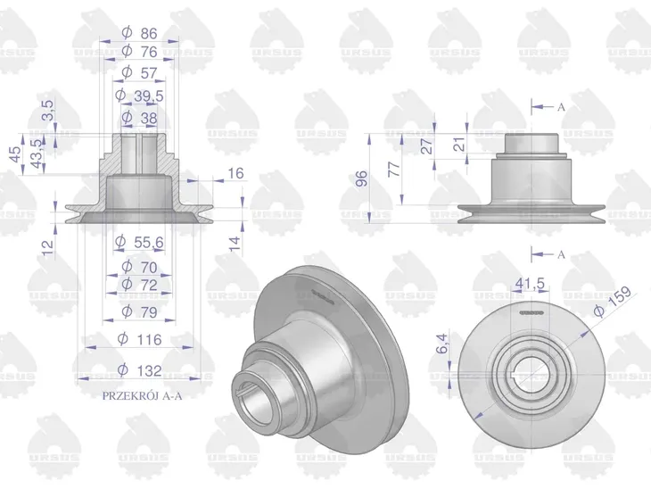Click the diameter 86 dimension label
[139, 33]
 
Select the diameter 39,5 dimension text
[139, 95]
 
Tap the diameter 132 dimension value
[139, 369]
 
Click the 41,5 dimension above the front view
[530, 284]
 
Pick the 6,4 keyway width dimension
[443, 344]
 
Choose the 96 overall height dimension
[362, 178]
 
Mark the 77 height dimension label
[394, 169]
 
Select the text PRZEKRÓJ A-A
[142, 396]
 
